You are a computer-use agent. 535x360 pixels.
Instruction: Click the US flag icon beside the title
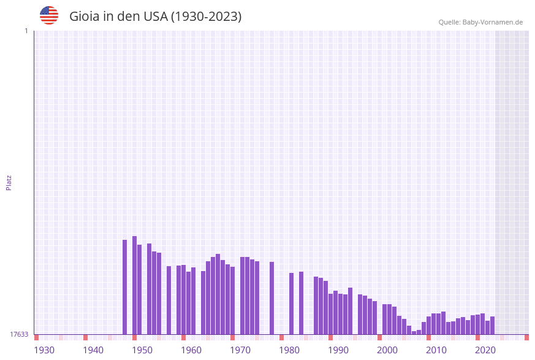pyautogui.click(x=49, y=15)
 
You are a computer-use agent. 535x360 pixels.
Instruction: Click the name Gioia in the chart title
pyautogui.click(x=85, y=17)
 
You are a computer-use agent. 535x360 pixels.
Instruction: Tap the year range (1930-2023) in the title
pyautogui.click(x=206, y=17)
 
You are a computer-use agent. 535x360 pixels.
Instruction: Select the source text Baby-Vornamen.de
pyautogui.click(x=492, y=22)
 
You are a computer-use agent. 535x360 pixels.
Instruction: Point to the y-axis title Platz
pyautogui.click(x=9, y=183)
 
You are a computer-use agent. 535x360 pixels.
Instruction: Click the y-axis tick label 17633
pyautogui.click(x=19, y=334)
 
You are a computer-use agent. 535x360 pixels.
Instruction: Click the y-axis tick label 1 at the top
pyautogui.click(x=26, y=31)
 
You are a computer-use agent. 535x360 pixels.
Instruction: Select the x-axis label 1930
pyautogui.click(x=44, y=350)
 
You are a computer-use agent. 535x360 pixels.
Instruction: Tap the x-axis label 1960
pyautogui.click(x=191, y=350)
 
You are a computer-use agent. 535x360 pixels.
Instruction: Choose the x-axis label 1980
pyautogui.click(x=289, y=350)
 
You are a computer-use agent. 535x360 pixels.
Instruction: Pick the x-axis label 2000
pyautogui.click(x=387, y=350)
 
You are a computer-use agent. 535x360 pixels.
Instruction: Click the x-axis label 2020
pyautogui.click(x=485, y=350)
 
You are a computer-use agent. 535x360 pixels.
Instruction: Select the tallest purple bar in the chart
pyautogui.click(x=134, y=285)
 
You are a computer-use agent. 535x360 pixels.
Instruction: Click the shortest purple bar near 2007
pyautogui.click(x=414, y=332)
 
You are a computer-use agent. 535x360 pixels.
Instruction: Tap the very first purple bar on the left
pyautogui.click(x=124, y=287)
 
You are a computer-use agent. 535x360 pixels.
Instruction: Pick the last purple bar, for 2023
pyautogui.click(x=492, y=325)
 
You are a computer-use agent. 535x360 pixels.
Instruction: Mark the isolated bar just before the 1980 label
pyautogui.click(x=271, y=298)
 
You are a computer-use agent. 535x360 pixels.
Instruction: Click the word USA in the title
pyautogui.click(x=155, y=17)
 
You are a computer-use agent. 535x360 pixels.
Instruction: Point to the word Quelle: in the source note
pyautogui.click(x=449, y=22)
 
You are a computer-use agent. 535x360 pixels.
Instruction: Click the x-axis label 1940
pyautogui.click(x=93, y=350)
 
